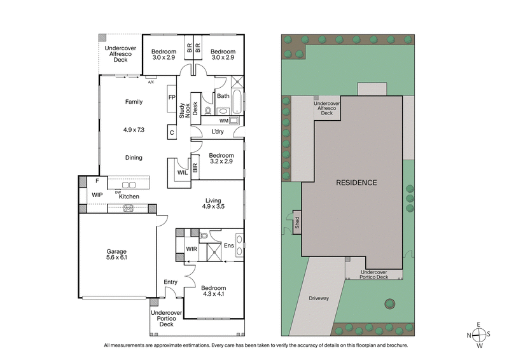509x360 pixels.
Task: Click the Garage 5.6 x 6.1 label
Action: click(117, 254)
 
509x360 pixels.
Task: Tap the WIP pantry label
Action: click(97, 195)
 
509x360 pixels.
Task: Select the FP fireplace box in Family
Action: click(172, 98)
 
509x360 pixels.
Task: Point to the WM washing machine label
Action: click(224, 120)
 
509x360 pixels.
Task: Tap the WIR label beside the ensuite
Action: click(192, 249)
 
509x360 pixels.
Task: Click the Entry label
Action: click(171, 282)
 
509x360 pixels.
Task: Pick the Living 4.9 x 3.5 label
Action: click(213, 204)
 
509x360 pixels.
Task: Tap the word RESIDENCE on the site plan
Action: click(356, 183)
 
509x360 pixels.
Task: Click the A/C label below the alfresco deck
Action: click(151, 82)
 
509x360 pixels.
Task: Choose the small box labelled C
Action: click(171, 132)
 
